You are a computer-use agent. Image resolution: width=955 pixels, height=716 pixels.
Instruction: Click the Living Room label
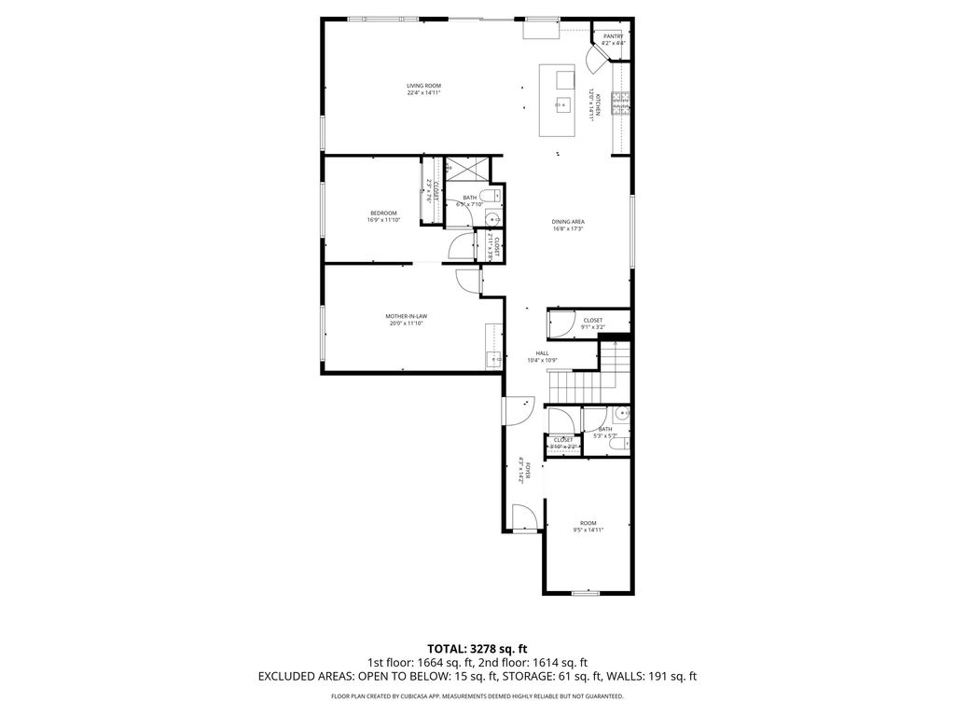pos(423,86)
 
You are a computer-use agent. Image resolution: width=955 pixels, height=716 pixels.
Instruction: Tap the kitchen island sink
pos(563,103)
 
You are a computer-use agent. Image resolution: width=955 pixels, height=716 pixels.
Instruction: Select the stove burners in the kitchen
pos(620,103)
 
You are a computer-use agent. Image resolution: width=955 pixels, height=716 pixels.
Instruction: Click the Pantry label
pos(613,36)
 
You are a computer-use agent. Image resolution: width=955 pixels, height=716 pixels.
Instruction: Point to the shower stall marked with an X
pos(465,169)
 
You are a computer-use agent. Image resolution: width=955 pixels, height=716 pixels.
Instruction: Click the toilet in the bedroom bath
pos(493,197)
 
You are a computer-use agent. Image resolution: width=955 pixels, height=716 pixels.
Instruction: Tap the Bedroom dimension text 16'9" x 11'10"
pos(383,221)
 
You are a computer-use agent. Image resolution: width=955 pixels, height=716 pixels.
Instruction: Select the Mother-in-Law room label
pos(406,316)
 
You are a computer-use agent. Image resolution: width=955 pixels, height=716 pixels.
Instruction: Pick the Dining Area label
pos(568,222)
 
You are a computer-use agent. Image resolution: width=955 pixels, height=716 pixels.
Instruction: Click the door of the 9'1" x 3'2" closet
pos(560,323)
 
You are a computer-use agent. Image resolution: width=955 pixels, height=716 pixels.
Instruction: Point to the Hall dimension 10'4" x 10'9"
pos(542,360)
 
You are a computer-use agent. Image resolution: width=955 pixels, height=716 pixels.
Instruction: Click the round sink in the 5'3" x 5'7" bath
pos(623,412)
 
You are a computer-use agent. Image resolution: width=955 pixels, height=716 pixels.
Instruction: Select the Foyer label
pos(529,472)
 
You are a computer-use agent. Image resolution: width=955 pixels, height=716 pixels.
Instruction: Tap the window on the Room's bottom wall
pos(585,593)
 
